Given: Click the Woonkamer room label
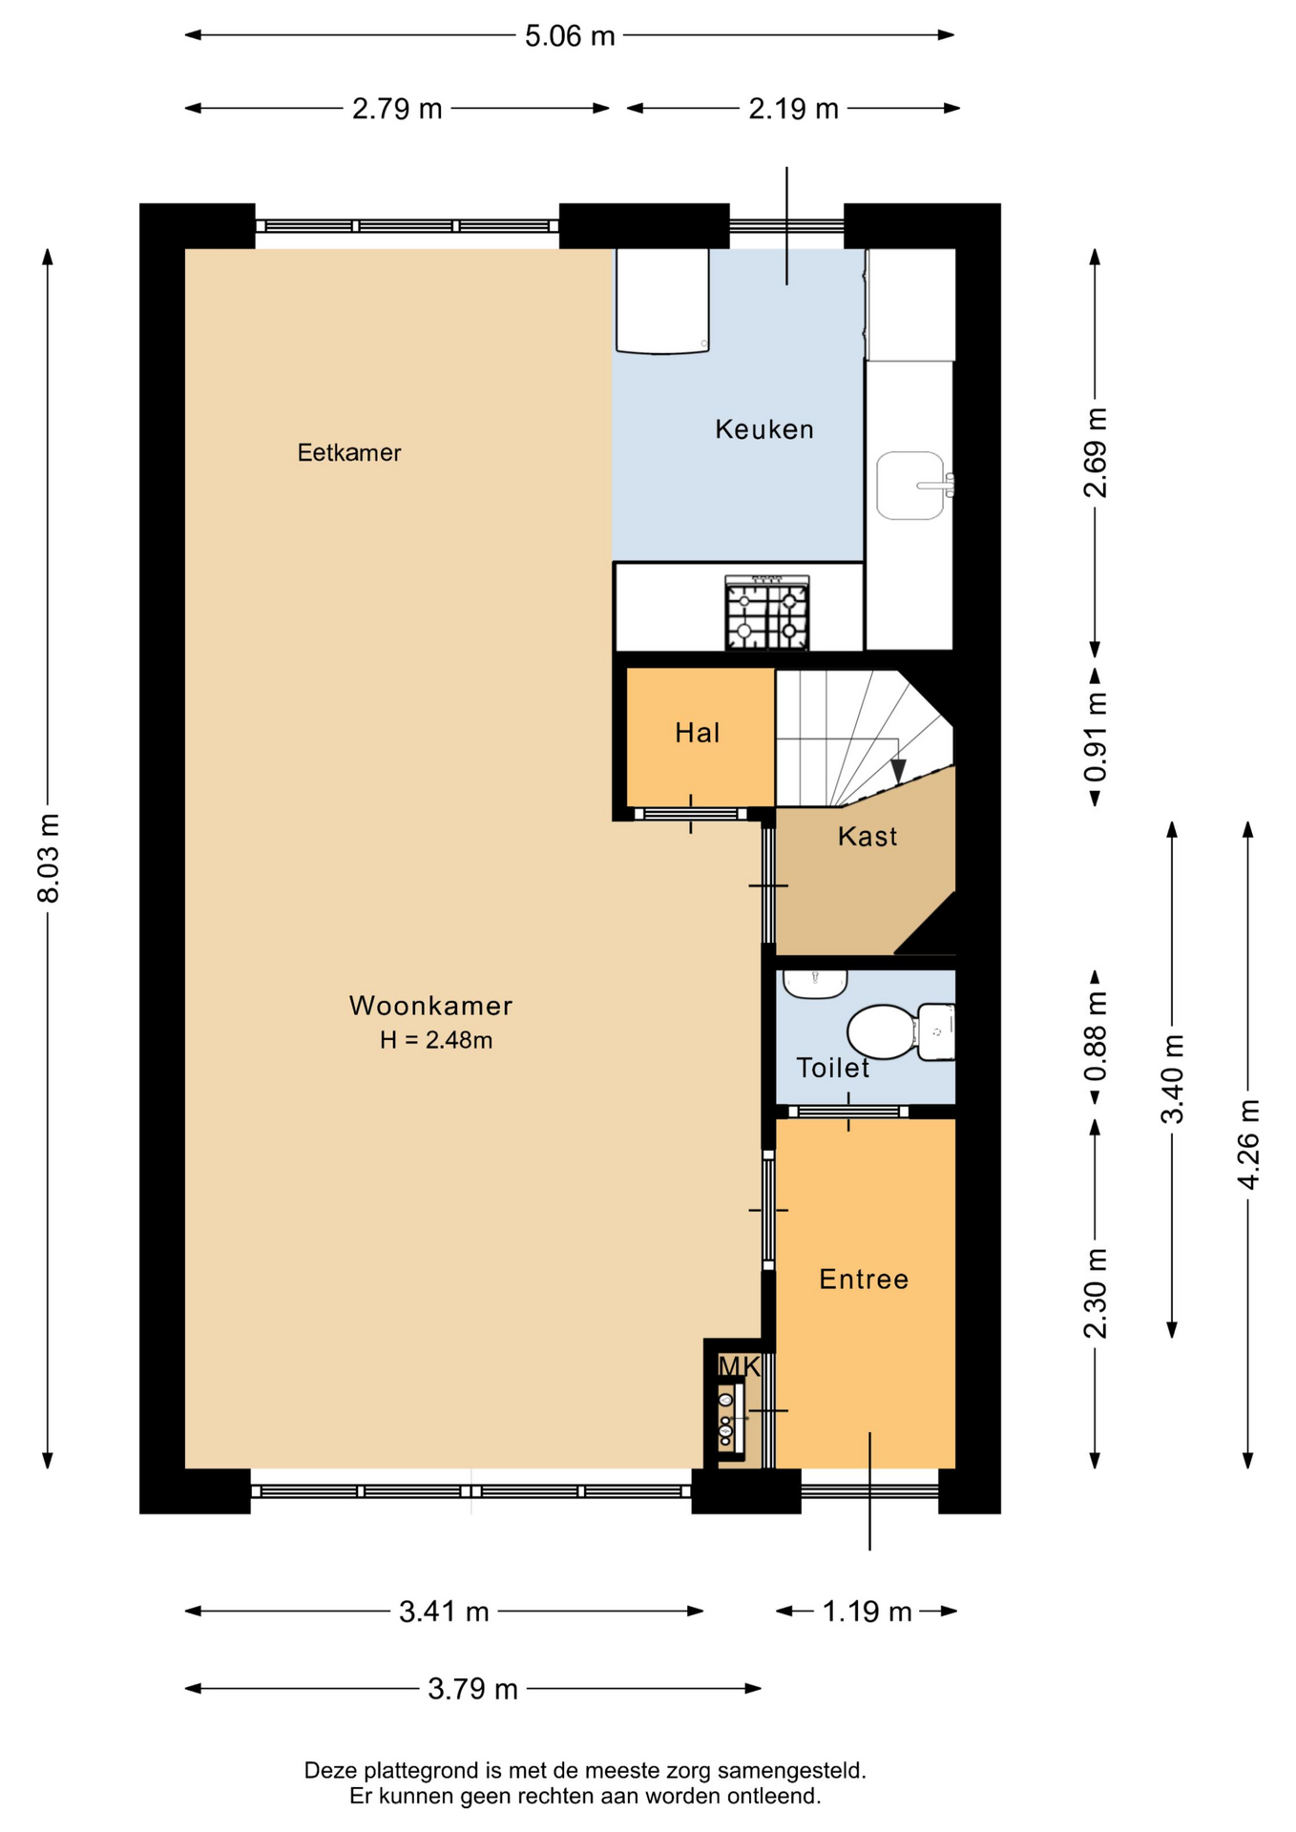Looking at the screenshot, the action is point(430,1006).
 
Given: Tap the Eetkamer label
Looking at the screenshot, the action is point(349,452).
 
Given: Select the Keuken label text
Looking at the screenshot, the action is point(764,429).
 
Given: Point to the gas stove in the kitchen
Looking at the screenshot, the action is point(767,613).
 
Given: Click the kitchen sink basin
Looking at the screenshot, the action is point(910,486).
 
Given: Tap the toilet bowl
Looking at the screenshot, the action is point(883,1032).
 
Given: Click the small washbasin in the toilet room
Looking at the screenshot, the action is point(814,984).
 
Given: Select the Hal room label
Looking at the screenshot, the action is point(698,733).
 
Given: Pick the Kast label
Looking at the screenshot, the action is point(867,837).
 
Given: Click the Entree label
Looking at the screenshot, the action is point(864,1280).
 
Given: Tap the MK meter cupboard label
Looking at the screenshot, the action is point(739,1367).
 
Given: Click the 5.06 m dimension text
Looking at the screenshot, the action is point(570,36).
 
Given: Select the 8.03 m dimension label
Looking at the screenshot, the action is point(49,858).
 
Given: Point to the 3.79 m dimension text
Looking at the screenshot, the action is point(472,1689).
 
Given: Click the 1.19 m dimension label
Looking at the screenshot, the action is point(867,1612).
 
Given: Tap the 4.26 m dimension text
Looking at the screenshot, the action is point(1248,1144).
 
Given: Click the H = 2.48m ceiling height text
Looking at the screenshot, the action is point(436,1040).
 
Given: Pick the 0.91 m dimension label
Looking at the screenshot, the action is point(1096,737).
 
